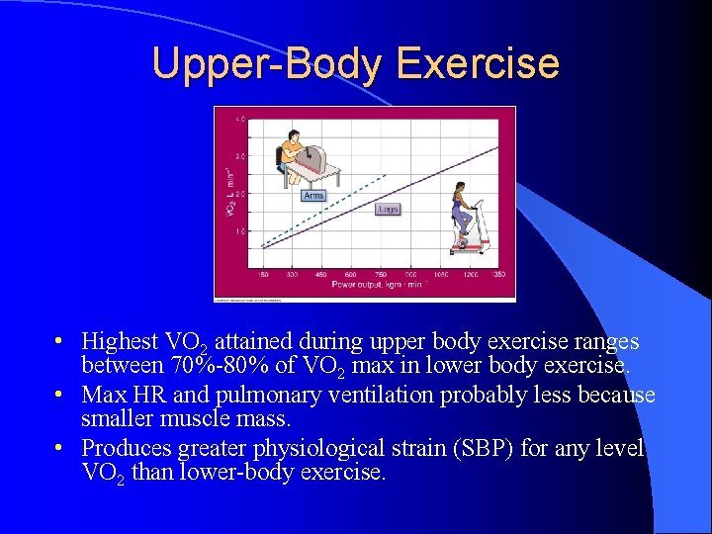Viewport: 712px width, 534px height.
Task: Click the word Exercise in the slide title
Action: (x=478, y=63)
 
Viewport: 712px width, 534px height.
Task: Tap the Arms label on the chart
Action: (x=313, y=196)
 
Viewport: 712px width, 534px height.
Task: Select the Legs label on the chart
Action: (x=389, y=209)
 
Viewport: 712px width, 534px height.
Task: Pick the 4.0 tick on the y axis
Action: (x=240, y=120)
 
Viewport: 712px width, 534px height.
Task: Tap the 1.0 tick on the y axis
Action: (x=240, y=231)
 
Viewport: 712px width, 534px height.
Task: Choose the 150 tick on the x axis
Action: (x=263, y=275)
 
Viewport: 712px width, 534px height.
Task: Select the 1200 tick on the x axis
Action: (x=470, y=275)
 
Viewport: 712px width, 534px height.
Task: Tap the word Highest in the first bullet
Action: (x=120, y=342)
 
